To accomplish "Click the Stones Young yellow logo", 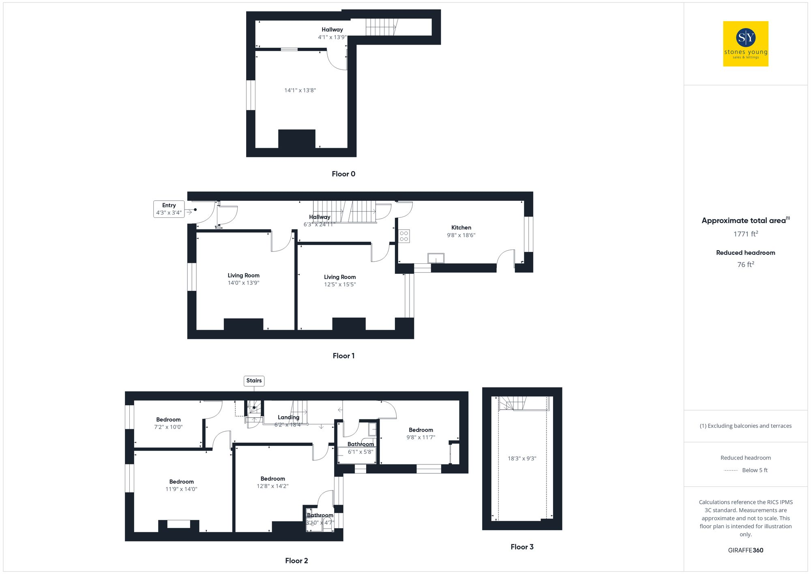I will [x=745, y=44].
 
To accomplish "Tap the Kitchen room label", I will [x=461, y=228].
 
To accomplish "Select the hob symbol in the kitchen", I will [x=404, y=236].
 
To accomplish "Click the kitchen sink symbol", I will [x=436, y=258].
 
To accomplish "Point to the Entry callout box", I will [x=169, y=209].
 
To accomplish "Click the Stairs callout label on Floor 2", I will [x=254, y=381].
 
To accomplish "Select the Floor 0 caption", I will [x=343, y=174].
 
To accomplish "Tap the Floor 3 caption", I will [x=522, y=547].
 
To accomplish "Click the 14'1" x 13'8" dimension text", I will [x=300, y=90].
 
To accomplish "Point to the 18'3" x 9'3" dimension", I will [x=522, y=458].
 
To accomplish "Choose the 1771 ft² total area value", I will [x=745, y=234].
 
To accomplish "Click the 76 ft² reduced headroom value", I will [x=745, y=264].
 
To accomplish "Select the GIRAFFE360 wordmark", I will [x=745, y=550].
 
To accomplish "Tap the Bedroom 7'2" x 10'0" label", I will [x=168, y=423].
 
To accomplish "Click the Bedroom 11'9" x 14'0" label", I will [x=181, y=485].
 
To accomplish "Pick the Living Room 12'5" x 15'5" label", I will [x=340, y=281].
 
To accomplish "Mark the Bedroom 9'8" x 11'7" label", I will [x=421, y=433].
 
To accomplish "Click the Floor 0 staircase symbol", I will [x=381, y=27].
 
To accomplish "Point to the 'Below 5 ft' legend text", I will [x=755, y=470].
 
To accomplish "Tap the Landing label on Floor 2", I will [x=288, y=417].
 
